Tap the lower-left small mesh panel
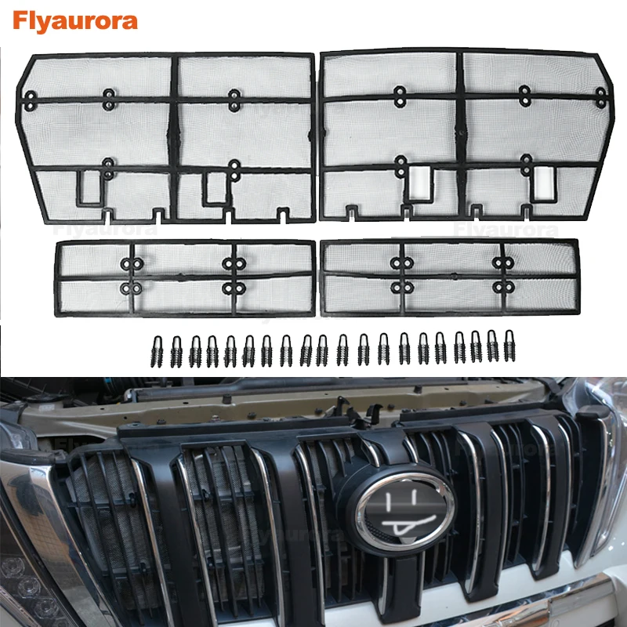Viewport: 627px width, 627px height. tap(185, 277)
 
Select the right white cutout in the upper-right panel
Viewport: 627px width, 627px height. tap(542, 183)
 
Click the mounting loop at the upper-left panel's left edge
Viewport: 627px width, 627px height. tap(31, 100)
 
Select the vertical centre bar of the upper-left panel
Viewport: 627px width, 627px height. tap(174, 133)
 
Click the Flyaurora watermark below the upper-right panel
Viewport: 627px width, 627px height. tap(506, 230)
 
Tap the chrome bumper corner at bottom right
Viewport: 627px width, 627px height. tap(596, 603)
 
